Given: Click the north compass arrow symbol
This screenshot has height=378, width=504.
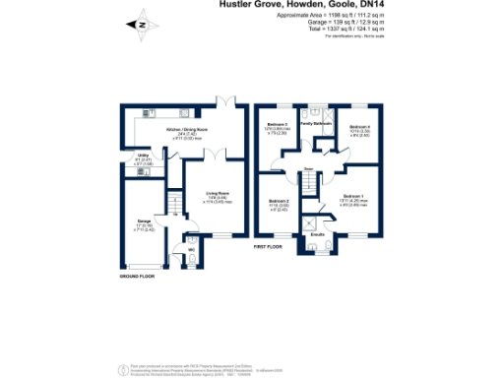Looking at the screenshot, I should tap(142, 25).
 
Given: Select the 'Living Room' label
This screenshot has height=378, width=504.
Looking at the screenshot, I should tap(217, 193).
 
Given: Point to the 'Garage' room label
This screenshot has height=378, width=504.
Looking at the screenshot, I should tap(144, 221).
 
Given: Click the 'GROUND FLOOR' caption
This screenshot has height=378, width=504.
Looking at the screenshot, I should tap(138, 277).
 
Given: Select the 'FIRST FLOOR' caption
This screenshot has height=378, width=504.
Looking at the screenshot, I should tap(268, 246).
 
